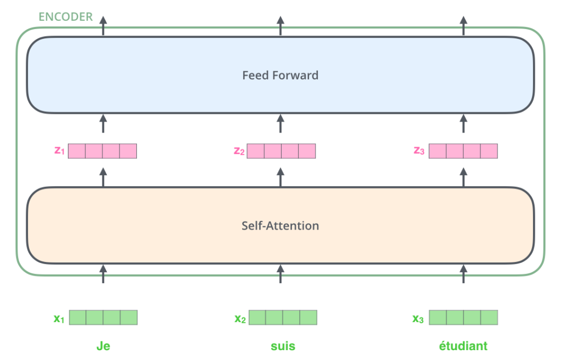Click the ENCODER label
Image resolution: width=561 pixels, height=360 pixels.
click(x=66, y=17)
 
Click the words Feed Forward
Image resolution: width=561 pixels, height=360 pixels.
click(x=280, y=75)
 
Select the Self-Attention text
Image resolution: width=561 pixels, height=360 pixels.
click(x=280, y=226)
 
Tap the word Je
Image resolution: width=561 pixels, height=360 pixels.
click(x=103, y=346)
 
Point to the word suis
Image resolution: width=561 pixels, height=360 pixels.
click(x=283, y=346)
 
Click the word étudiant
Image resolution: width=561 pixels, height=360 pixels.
click(x=463, y=346)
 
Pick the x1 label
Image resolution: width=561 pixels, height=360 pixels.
click(x=59, y=318)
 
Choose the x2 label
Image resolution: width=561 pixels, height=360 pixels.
click(x=240, y=318)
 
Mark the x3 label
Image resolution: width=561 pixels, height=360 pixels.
click(x=418, y=318)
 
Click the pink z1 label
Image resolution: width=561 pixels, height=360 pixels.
click(x=59, y=151)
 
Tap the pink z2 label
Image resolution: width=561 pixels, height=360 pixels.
click(x=239, y=151)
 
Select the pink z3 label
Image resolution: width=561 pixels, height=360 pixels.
click(x=419, y=151)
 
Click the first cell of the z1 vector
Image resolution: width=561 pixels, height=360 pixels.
click(x=77, y=151)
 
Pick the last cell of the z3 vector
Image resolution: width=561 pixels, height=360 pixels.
click(x=489, y=151)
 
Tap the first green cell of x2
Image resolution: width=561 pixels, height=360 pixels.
click(x=257, y=317)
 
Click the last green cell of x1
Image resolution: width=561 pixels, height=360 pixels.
click(x=129, y=317)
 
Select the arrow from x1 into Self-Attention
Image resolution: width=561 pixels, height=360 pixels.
click(x=103, y=274)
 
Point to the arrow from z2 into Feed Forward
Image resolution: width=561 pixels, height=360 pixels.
click(x=280, y=123)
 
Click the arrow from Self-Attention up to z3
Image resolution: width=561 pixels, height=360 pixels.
click(x=463, y=177)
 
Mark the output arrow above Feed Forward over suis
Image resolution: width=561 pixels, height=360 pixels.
click(x=280, y=26)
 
